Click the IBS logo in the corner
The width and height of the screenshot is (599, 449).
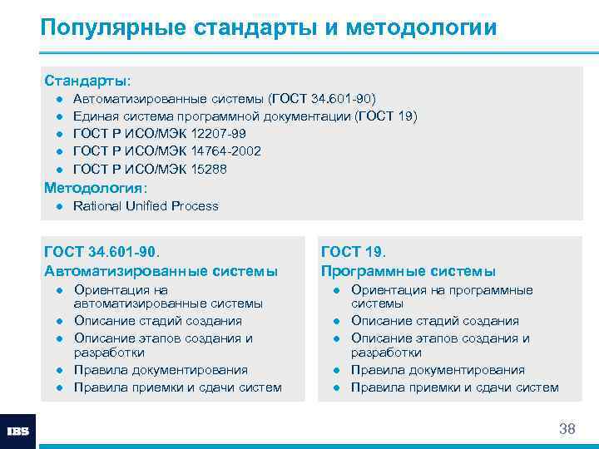[x=17, y=432]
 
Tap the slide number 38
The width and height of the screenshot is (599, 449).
[x=567, y=429]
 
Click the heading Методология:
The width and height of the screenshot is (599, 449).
[x=94, y=187]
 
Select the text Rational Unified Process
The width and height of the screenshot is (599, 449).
[x=146, y=206]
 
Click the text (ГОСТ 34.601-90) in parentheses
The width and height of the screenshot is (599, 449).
[x=328, y=98]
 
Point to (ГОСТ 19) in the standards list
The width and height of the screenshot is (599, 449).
[x=386, y=116]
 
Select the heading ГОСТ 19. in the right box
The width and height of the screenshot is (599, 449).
[x=354, y=252]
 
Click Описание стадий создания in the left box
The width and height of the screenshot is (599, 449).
[x=158, y=321]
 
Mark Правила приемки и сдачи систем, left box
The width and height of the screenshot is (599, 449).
[x=178, y=387]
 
